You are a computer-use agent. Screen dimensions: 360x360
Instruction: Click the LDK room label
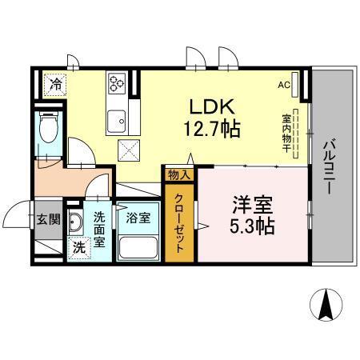[212, 106]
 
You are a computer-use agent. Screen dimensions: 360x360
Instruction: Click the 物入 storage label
[177, 174]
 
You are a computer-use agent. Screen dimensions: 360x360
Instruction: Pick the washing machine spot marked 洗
[79, 247]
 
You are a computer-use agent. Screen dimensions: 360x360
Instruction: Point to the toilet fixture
[48, 128]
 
